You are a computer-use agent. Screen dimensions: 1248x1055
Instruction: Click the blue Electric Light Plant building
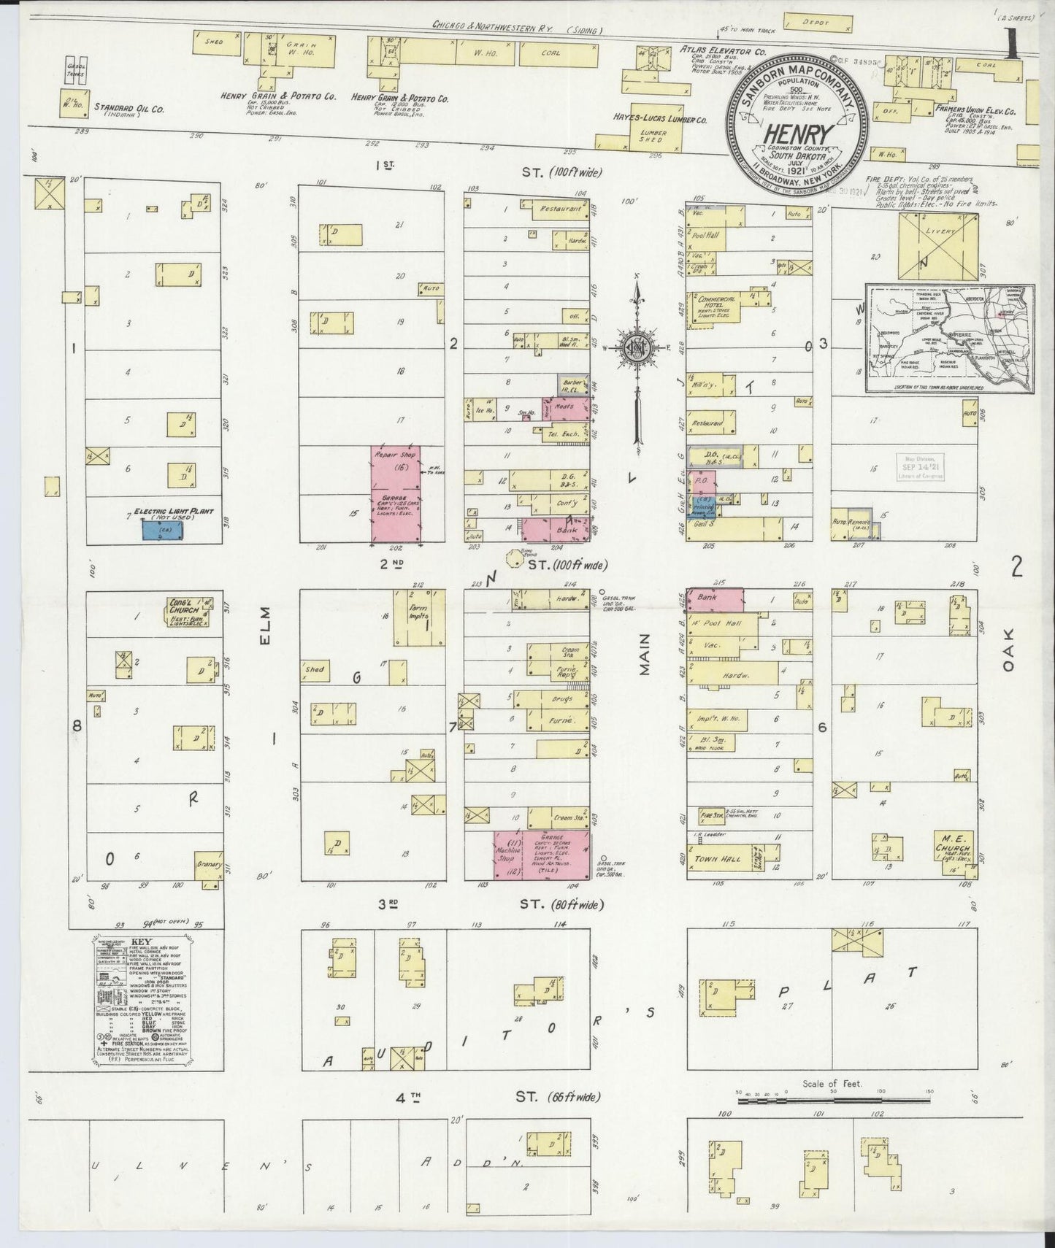tap(163, 530)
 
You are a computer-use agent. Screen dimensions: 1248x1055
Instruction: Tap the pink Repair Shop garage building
tap(396, 494)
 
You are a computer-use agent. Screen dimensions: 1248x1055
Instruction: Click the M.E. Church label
tap(954, 849)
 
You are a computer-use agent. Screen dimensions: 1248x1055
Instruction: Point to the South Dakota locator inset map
tap(949, 338)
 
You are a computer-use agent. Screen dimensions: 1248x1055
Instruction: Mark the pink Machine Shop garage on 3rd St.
tap(505, 855)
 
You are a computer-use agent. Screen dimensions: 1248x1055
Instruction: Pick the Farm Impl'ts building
tap(419, 617)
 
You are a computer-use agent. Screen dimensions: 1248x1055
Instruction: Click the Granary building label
tap(209, 864)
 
